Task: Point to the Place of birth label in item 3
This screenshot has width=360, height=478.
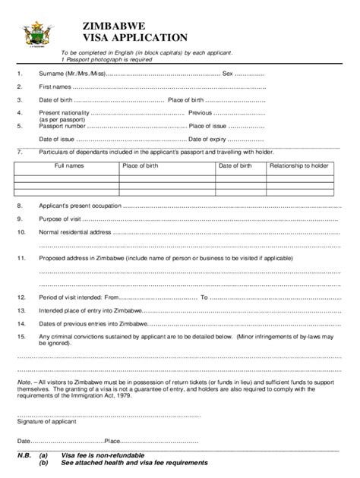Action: point(185,101)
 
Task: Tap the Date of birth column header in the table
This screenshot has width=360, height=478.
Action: point(235,165)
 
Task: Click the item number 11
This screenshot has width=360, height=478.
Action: point(21,259)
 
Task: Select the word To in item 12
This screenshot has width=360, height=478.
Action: point(204,297)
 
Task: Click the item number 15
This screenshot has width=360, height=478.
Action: point(21,336)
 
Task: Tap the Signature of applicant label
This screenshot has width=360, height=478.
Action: point(46,423)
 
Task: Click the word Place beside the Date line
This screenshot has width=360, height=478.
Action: point(112,441)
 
